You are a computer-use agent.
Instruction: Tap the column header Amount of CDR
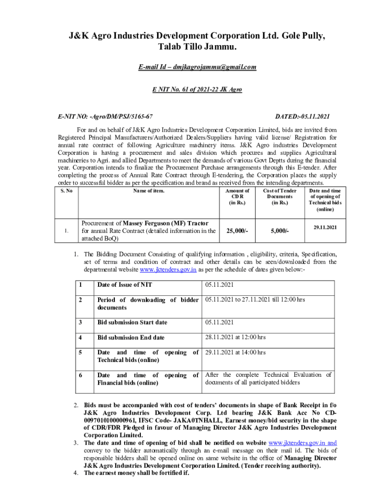[237, 196]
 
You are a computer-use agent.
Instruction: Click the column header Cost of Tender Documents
[280, 196]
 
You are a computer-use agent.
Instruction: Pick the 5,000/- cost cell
[280, 231]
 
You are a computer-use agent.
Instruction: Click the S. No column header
[65, 191]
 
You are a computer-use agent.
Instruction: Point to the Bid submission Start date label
[132, 322]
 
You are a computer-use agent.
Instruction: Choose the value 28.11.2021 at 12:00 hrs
[236, 337]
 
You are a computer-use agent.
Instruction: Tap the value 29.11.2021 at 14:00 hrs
[236, 352]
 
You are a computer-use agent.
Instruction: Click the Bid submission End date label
[131, 337]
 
